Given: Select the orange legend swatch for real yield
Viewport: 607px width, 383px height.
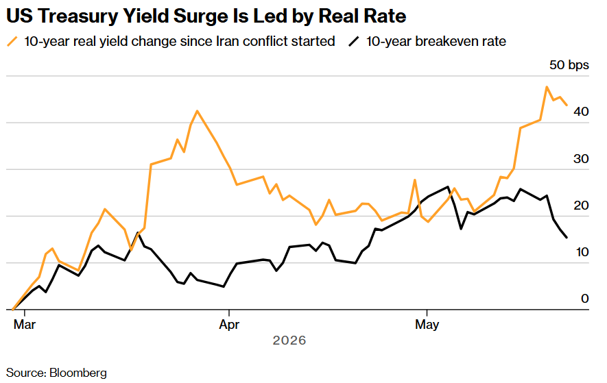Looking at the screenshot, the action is (12, 41).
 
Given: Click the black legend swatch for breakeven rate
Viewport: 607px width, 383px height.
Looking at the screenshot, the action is (354, 41).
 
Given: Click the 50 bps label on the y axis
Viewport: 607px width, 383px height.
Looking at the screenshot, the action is (569, 65).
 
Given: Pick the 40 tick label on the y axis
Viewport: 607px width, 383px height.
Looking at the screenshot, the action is (581, 112).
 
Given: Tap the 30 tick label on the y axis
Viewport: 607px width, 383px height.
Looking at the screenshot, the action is (581, 159).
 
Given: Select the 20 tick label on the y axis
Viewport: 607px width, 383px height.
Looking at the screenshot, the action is (581, 206).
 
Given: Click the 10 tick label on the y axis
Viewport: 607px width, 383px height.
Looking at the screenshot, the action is (582, 252).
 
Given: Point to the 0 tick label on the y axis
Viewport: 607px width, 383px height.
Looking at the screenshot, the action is (585, 299).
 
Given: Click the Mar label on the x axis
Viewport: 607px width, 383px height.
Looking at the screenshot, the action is (25, 324).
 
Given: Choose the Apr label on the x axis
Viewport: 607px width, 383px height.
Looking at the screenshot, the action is (229, 324).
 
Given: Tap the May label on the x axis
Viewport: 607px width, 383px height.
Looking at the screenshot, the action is (427, 324).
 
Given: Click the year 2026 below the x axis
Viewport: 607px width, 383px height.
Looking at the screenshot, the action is (289, 341).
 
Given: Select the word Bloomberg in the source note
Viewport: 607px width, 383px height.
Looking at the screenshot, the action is (78, 373).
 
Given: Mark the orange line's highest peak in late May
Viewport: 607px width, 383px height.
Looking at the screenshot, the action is (547, 86).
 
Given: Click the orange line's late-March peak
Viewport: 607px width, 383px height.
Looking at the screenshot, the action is (198, 110).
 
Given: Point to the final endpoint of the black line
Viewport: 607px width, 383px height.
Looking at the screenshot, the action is (567, 238).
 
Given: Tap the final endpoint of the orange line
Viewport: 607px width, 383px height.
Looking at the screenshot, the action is (567, 105).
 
